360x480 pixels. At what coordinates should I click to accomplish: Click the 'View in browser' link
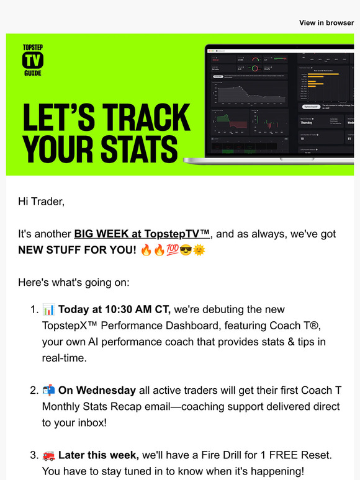[x=326, y=22]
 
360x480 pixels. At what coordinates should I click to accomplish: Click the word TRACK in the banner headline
[x=138, y=118]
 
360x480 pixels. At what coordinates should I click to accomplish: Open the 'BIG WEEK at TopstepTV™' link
[x=143, y=234]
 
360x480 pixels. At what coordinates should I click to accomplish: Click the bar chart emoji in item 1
[x=48, y=309]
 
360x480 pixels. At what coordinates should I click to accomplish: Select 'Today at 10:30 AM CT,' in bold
[x=114, y=309]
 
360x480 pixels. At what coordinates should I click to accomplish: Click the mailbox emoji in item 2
[x=48, y=391]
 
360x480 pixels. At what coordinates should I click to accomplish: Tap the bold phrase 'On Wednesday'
[x=97, y=391]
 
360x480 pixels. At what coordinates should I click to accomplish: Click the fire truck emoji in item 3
[x=48, y=456]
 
